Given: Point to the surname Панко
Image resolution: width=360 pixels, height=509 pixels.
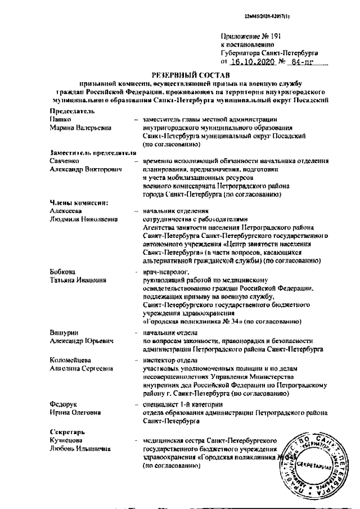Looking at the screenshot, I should (x=59, y=120).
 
